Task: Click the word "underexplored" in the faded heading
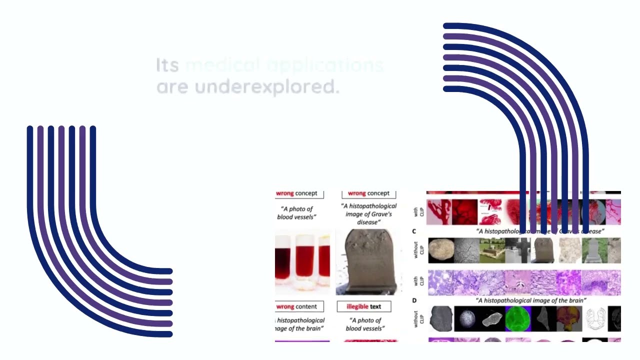(x=266, y=87)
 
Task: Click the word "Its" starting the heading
(x=167, y=65)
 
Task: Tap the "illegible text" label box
(x=364, y=306)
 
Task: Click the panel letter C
(x=414, y=231)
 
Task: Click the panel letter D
(x=414, y=300)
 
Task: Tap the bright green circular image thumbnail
(x=517, y=319)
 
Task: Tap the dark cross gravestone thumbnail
(x=517, y=250)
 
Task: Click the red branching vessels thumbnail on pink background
(x=439, y=212)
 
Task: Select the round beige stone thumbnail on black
(x=441, y=250)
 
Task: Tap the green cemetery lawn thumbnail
(x=492, y=250)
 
